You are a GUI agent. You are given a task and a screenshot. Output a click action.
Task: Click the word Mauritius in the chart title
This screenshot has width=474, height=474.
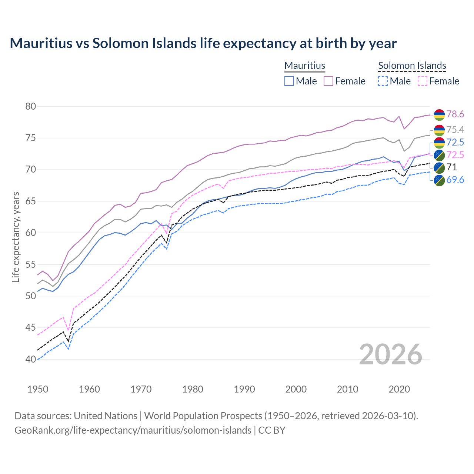[41, 43]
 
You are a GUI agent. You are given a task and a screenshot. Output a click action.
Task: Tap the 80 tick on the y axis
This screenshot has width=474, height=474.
[31, 107]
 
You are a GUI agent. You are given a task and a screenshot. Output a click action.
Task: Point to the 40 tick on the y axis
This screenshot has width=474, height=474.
[31, 359]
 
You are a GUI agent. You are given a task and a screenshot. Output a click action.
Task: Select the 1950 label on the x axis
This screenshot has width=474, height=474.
[38, 389]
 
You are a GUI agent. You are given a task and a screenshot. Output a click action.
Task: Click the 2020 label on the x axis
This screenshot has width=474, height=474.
[399, 389]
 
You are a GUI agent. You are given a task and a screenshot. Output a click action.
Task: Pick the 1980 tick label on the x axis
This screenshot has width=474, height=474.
[193, 389]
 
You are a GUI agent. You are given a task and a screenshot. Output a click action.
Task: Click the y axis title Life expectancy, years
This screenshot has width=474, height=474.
[16, 237]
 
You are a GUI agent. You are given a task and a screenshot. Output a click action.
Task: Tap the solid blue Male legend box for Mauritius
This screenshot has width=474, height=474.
[289, 81]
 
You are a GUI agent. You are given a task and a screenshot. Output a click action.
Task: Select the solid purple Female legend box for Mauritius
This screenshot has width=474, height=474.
[328, 81]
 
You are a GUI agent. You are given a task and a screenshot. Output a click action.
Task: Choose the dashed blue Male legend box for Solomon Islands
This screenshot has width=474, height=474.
[383, 81]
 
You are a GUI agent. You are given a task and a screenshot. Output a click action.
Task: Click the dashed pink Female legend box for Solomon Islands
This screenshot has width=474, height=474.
[422, 81]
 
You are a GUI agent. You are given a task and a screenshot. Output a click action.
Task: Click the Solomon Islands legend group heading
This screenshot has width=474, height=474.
[412, 66]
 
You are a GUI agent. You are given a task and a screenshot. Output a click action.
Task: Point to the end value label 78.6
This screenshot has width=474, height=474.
[455, 114]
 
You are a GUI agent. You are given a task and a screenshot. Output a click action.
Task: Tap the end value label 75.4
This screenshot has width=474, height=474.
[455, 130]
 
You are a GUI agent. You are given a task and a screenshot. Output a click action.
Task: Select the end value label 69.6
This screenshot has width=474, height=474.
[455, 180]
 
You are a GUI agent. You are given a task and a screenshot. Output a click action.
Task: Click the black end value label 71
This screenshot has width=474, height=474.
[451, 167]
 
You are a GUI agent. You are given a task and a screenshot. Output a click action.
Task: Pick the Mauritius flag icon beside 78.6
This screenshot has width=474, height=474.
[439, 115]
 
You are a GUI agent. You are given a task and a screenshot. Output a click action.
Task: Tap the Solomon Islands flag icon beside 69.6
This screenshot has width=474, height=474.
[439, 180]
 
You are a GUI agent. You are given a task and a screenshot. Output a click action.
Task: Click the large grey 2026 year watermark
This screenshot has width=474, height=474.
[390, 354]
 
